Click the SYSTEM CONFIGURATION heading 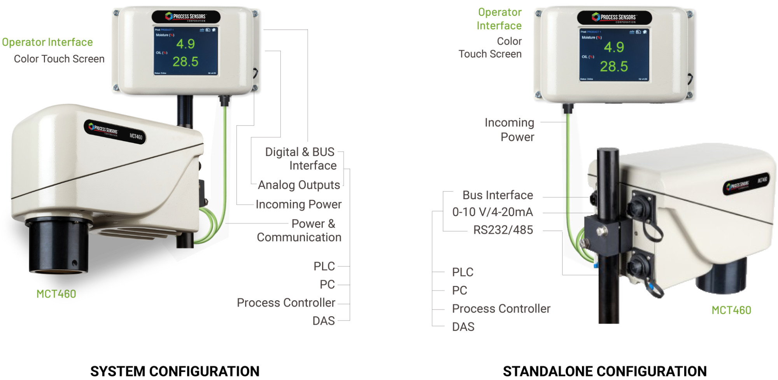click(x=175, y=371)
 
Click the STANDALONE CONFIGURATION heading click(x=605, y=371)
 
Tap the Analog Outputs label click(x=299, y=185)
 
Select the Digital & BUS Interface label click(x=300, y=159)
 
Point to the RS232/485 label click(x=503, y=230)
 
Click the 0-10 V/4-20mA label click(x=492, y=212)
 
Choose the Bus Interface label click(x=498, y=195)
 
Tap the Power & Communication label click(x=299, y=230)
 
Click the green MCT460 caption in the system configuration click(x=56, y=294)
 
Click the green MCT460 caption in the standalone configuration click(x=731, y=310)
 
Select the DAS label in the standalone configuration click(x=463, y=327)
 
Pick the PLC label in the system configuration click(x=324, y=266)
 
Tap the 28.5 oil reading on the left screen click(x=185, y=61)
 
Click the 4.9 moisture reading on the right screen click(x=614, y=47)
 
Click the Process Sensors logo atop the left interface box click(x=186, y=17)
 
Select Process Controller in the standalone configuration click(x=501, y=308)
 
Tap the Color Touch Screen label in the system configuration click(x=59, y=59)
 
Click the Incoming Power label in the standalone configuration click(x=510, y=130)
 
